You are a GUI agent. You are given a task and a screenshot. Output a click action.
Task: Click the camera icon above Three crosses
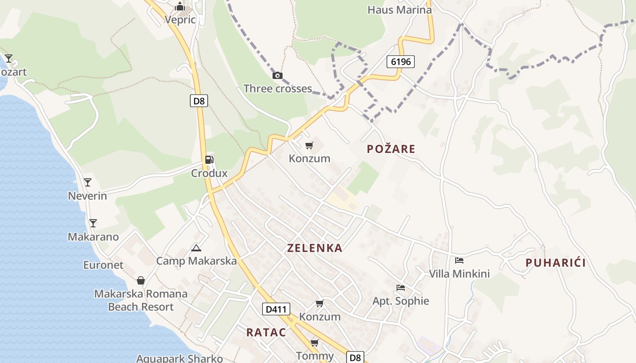(277, 75)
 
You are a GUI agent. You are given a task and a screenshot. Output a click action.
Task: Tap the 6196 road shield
(401, 61)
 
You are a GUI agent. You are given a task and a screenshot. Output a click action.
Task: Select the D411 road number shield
(276, 309)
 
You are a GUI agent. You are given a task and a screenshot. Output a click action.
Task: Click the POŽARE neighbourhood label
(391, 149)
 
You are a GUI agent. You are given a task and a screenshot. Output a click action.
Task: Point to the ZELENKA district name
(315, 248)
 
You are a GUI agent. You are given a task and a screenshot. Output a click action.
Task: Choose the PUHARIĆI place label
(555, 263)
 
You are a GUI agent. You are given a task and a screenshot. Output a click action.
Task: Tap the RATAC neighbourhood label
(266, 332)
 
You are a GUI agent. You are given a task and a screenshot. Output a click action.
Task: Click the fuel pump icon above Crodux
(209, 159)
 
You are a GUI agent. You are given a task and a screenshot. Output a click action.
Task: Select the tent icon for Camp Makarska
(196, 248)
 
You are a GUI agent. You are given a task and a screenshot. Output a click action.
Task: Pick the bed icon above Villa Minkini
(459, 260)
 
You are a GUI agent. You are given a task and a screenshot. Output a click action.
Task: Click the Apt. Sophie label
(401, 301)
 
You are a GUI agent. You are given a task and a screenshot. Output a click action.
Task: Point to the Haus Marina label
(399, 10)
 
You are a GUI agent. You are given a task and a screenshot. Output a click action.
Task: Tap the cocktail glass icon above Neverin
(88, 182)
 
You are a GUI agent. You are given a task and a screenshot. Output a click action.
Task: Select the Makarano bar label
(93, 237)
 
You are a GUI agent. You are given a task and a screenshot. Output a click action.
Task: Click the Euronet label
(103, 265)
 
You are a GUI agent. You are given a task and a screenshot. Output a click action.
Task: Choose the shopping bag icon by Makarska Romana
(141, 280)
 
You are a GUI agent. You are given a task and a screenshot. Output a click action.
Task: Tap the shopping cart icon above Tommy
(314, 343)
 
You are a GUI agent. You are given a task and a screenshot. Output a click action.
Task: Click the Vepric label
(180, 20)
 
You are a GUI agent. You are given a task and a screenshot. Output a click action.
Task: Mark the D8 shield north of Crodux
(199, 101)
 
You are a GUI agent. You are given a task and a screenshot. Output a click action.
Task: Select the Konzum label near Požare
(309, 158)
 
